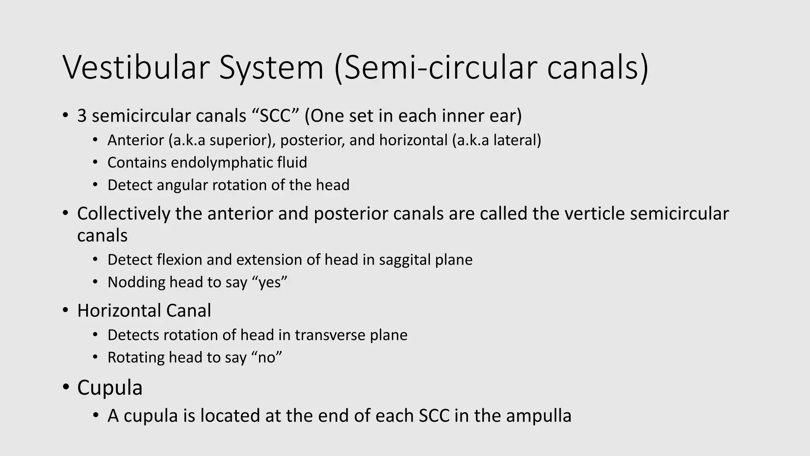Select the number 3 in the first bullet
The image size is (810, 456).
coord(82,116)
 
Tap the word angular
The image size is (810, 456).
coord(182,185)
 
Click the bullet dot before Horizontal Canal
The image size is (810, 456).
coord(66,311)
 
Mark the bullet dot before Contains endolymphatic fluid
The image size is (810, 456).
coord(95,163)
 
